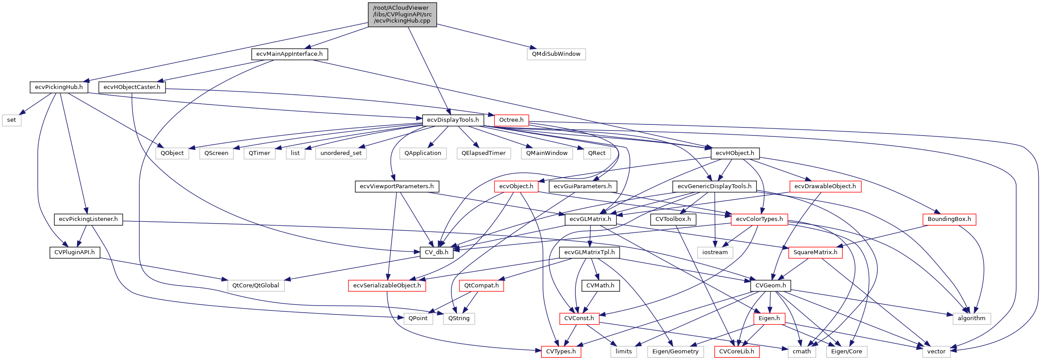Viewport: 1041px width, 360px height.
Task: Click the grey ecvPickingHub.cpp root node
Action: [402, 15]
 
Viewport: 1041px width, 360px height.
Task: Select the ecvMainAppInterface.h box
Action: [289, 54]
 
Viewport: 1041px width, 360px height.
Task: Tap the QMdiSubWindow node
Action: [556, 54]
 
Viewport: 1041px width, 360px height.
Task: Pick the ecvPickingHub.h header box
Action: [59, 87]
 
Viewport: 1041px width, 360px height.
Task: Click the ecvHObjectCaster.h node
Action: [132, 87]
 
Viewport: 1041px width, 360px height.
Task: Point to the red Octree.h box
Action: [511, 120]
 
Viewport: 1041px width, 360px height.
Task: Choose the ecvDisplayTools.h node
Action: [453, 120]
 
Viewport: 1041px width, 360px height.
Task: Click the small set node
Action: [12, 120]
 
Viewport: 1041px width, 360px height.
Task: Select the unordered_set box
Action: [341, 153]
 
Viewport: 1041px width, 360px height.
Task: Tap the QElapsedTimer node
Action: [483, 153]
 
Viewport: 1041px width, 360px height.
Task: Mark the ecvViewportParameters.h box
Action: [397, 186]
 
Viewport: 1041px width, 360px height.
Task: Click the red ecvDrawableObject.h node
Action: [825, 186]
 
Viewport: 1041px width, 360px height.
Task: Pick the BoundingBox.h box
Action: [949, 219]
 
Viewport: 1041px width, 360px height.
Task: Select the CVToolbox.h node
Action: [673, 219]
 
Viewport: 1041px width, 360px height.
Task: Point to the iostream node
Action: [715, 252]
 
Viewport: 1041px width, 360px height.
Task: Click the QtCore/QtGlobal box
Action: [256, 286]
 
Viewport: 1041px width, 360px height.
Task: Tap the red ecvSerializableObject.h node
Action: [387, 286]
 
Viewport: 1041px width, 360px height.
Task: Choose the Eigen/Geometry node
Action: [675, 352]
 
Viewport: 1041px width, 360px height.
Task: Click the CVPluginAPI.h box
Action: [74, 252]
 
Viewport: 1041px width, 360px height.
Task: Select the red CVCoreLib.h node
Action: [736, 352]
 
